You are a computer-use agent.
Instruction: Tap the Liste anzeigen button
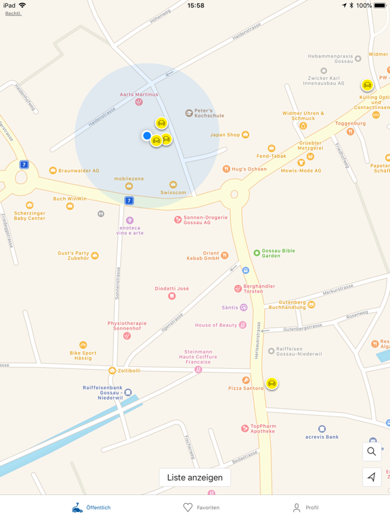pyautogui.click(x=195, y=477)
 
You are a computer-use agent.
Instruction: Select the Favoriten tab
pyautogui.click(x=201, y=507)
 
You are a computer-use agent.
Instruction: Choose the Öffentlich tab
pyautogui.click(x=91, y=507)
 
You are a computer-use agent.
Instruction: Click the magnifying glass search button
pyautogui.click(x=372, y=452)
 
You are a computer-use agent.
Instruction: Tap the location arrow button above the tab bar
pyautogui.click(x=372, y=477)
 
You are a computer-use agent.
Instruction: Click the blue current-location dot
pyautogui.click(x=147, y=135)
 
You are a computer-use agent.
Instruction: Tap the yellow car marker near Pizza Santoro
pyautogui.click(x=272, y=383)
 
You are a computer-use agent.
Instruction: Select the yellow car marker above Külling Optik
pyautogui.click(x=367, y=85)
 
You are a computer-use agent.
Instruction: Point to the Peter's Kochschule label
pyautogui.click(x=209, y=113)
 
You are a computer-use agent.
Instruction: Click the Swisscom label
pyautogui.click(x=173, y=192)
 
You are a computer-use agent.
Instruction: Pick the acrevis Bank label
pyautogui.click(x=322, y=437)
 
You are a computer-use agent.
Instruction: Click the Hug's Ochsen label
pyautogui.click(x=248, y=169)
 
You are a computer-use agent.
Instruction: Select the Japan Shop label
pyautogui.click(x=225, y=135)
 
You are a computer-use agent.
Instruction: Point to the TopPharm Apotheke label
pyautogui.click(x=263, y=429)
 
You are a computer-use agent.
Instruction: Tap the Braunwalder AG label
pyautogui.click(x=79, y=171)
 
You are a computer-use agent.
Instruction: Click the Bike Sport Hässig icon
pyautogui.click(x=83, y=345)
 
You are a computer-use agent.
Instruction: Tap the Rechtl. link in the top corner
pyautogui.click(x=13, y=14)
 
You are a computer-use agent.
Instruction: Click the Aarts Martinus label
pyautogui.click(x=139, y=95)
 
